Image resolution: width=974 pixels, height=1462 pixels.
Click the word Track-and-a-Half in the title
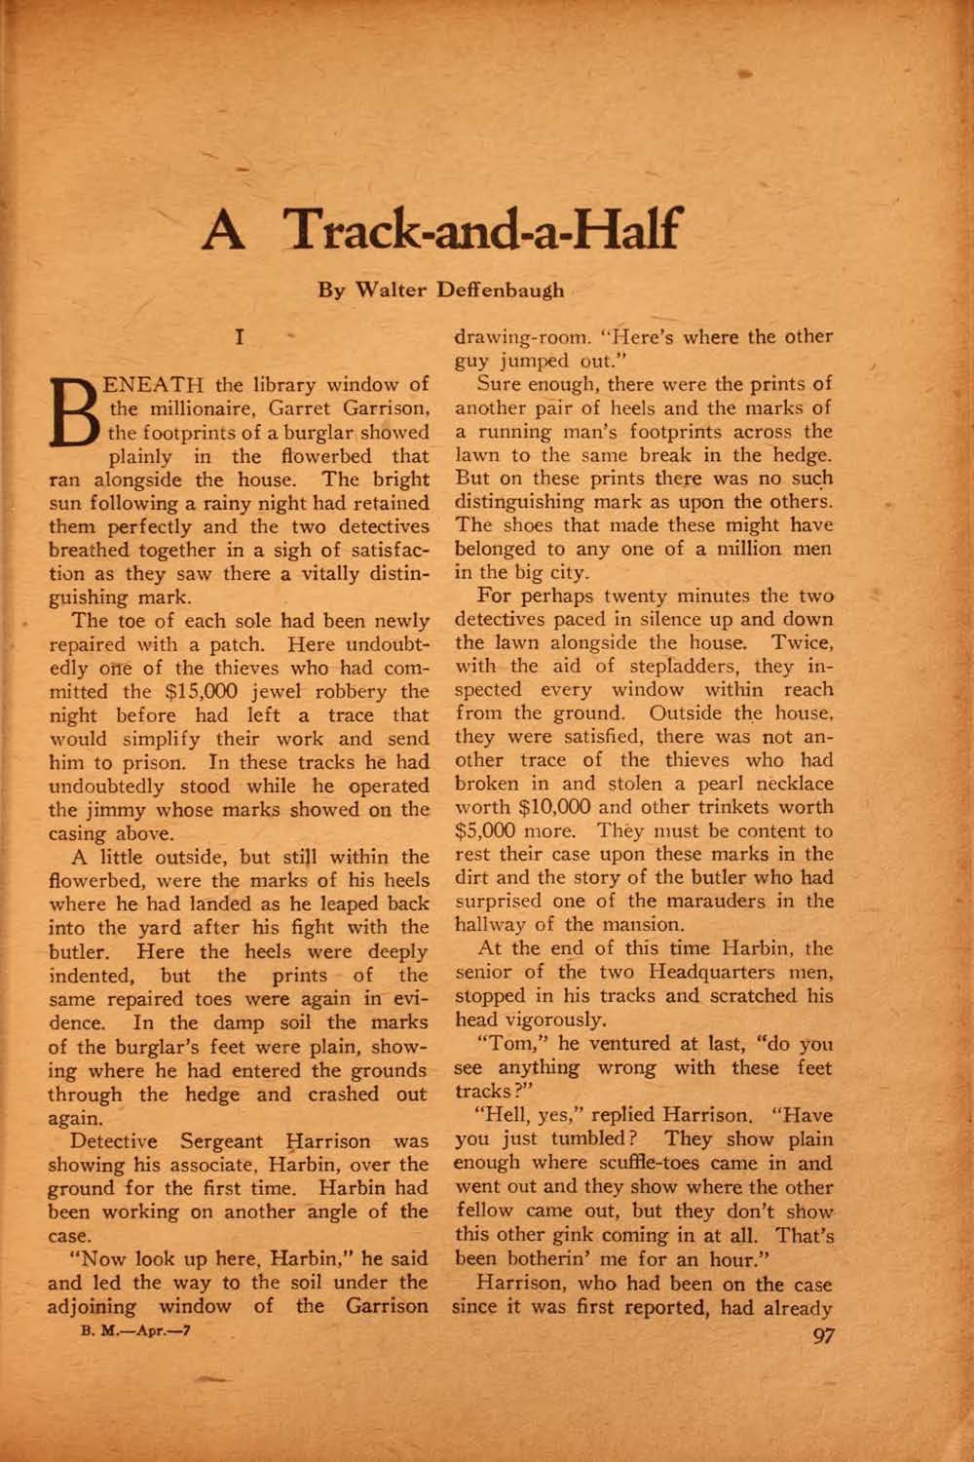(x=479, y=231)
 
